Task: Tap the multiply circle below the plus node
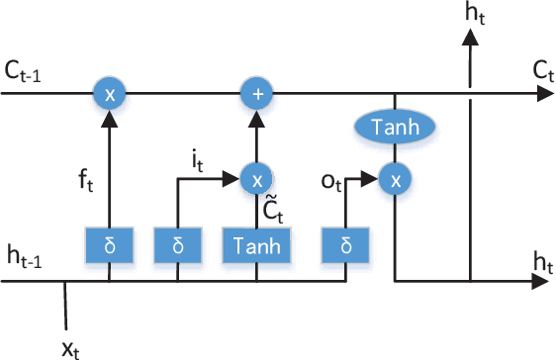pos(256,179)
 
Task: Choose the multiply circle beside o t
pos(395,179)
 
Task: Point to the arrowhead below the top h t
pos(471,35)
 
